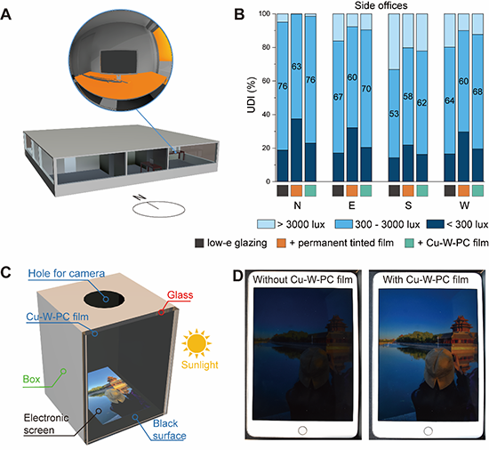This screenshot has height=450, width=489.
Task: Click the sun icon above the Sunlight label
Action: [196, 343]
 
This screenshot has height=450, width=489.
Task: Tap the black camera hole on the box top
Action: [104, 299]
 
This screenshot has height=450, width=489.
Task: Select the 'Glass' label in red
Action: [180, 294]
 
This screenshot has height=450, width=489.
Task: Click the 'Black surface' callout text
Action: [169, 430]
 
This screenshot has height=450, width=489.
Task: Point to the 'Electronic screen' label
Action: [46, 424]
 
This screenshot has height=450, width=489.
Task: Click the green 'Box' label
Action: [31, 379]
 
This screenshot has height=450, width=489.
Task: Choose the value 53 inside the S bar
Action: [394, 114]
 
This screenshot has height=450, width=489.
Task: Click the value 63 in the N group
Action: [296, 67]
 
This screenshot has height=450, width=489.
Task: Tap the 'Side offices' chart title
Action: [381, 5]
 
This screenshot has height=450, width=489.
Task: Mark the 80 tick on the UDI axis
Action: [266, 47]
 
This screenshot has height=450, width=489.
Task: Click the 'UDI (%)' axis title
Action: [252, 94]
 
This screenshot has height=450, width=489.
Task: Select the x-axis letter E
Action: [352, 205]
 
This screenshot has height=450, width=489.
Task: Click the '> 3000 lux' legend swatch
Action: [266, 224]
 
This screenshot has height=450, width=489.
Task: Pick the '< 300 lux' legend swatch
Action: [435, 224]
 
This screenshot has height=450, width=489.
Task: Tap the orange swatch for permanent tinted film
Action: [281, 243]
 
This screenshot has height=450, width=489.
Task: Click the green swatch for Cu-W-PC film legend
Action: [409, 243]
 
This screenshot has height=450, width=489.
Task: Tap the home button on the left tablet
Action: [302, 430]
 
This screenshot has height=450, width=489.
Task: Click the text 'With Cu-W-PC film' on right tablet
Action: [425, 279]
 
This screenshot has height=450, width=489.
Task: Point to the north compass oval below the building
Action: [159, 209]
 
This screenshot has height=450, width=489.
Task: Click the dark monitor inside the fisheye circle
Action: [118, 62]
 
